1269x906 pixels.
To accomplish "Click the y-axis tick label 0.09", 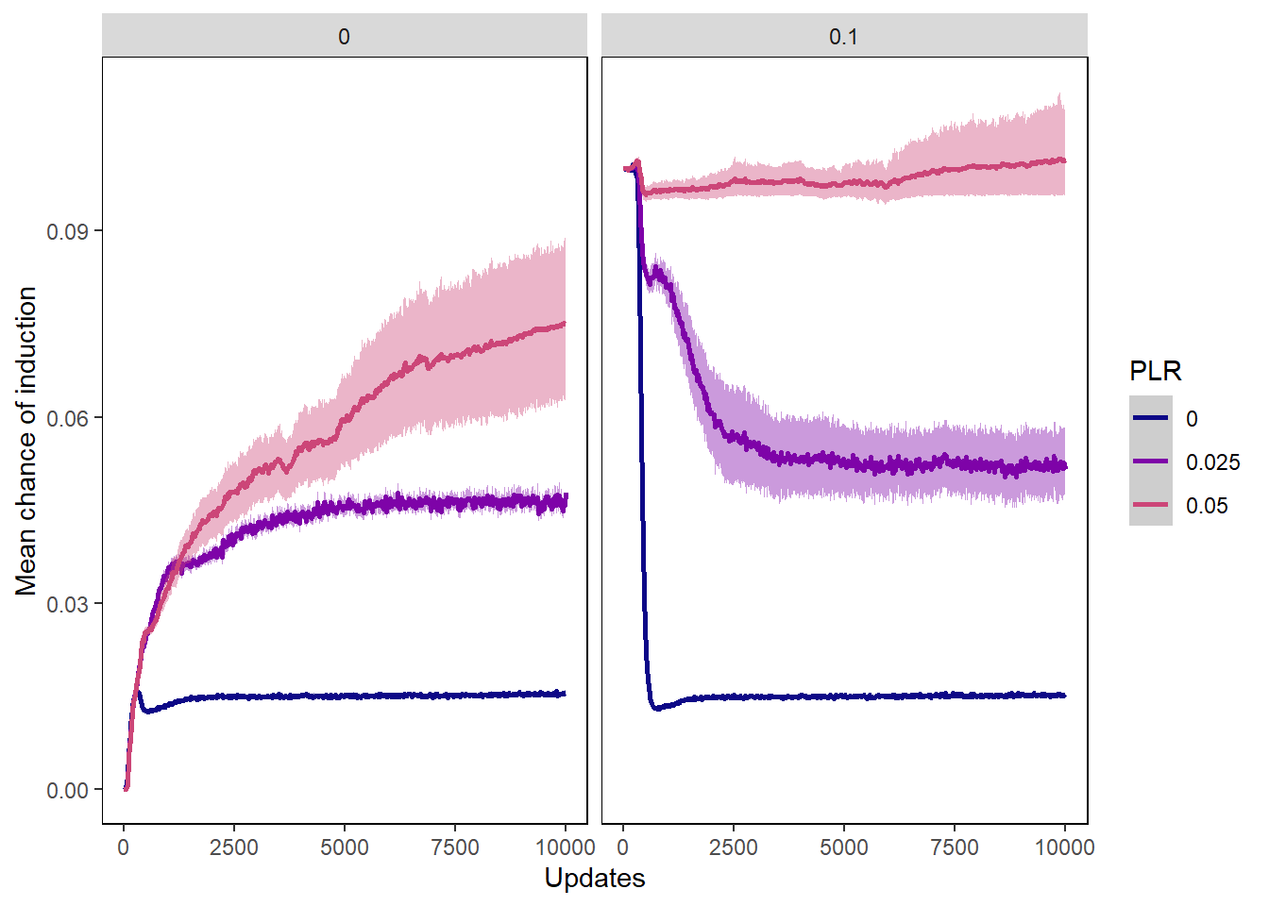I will [73, 232].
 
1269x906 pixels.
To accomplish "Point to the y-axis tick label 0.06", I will [73, 418].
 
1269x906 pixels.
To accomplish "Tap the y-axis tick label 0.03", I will [73, 604].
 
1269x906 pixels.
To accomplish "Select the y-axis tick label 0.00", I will [73, 791].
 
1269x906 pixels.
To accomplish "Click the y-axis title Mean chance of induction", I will [26, 441].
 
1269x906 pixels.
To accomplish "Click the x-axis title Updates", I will [595, 879].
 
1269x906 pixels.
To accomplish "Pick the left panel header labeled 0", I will [344, 37].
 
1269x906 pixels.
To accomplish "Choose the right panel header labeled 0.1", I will [843, 37].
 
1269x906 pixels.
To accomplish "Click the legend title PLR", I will [1155, 372].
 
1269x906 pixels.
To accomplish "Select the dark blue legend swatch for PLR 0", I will [1150, 418].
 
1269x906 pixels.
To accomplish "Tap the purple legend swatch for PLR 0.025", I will [1150, 461].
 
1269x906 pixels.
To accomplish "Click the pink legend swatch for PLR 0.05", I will [1150, 505].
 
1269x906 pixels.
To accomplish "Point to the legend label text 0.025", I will [1212, 462].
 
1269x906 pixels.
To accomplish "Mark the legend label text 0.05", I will [1207, 506].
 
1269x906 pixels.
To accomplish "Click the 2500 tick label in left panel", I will [234, 847].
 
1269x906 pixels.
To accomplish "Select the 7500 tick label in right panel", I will [955, 847].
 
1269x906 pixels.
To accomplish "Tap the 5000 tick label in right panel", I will [844, 847].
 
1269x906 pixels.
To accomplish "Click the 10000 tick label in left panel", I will [565, 847].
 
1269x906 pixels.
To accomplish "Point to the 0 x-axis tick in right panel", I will [623, 847].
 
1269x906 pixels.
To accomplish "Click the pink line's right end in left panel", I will [565, 324].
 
